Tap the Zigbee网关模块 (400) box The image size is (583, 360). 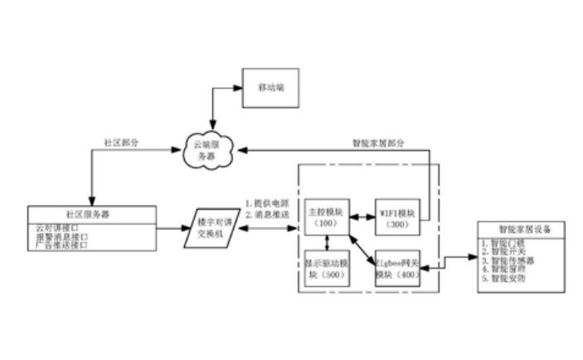pos(397,268)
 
